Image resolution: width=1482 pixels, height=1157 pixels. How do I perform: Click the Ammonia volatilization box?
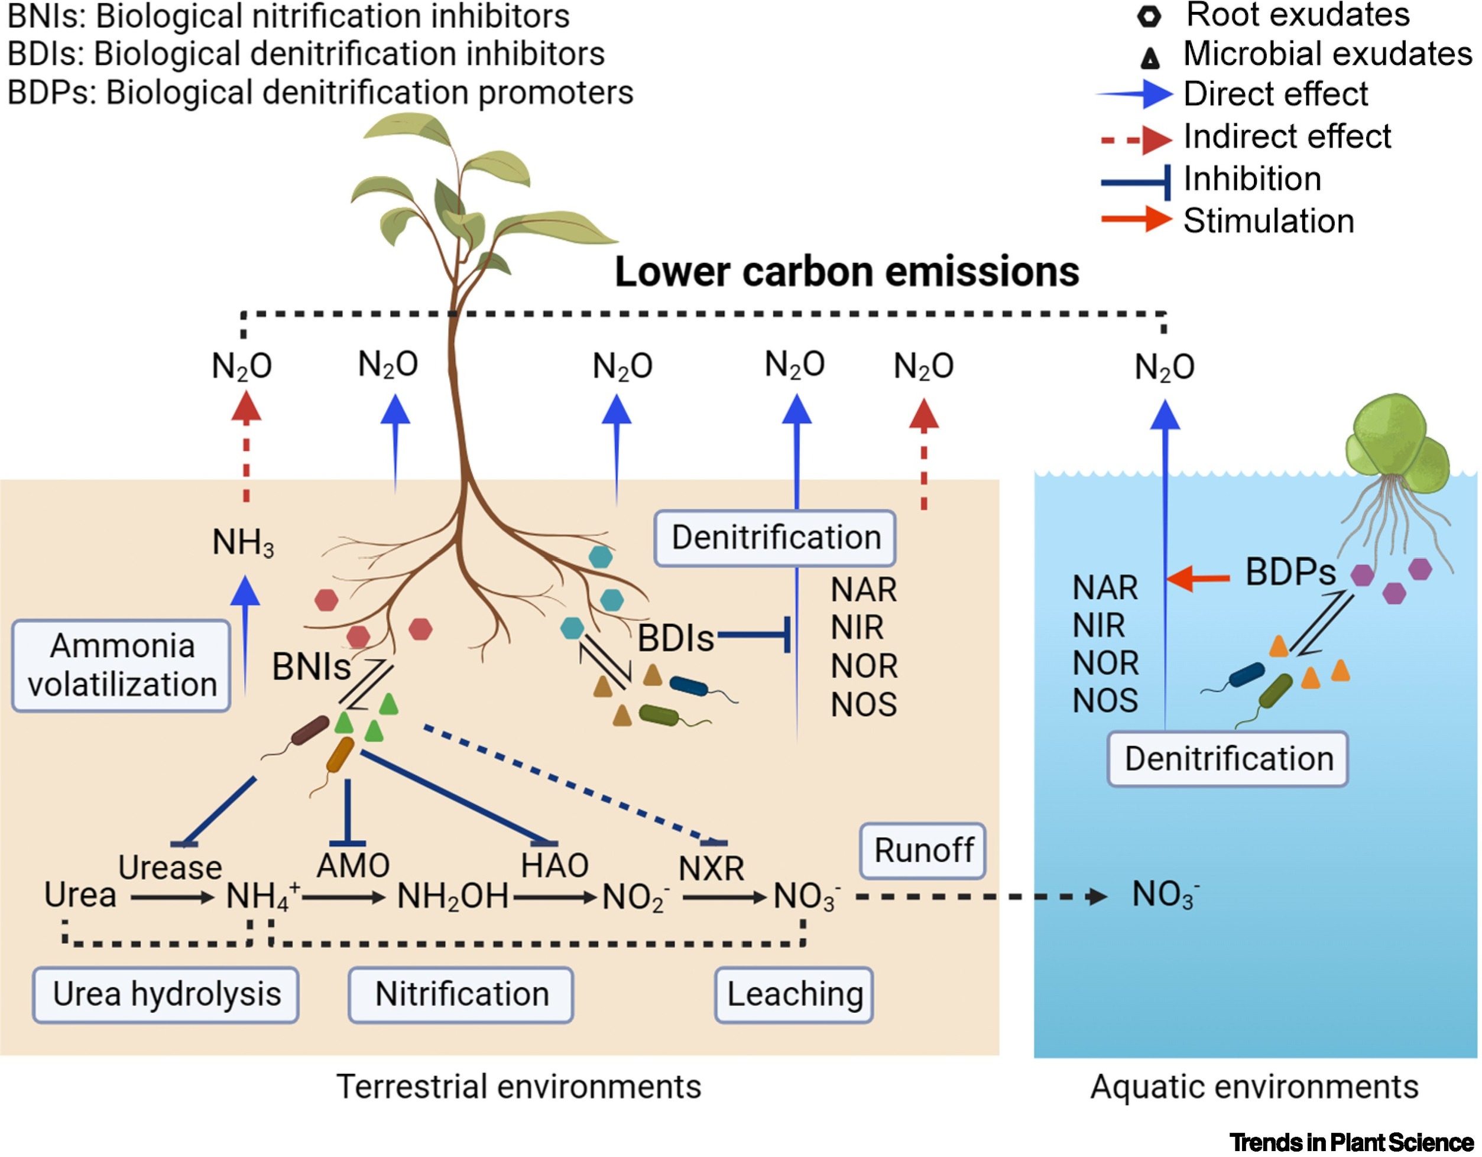click(x=121, y=665)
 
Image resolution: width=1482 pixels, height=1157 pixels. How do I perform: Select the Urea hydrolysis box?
click(x=166, y=994)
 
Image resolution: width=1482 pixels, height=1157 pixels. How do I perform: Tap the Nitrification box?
click(x=461, y=994)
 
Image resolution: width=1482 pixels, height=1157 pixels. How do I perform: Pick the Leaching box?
click(x=794, y=994)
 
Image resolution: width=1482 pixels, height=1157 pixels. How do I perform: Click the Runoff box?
click(x=923, y=850)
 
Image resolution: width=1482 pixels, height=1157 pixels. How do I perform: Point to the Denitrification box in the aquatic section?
click(x=1228, y=758)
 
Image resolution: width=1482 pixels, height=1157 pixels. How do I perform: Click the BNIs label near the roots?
click(x=311, y=667)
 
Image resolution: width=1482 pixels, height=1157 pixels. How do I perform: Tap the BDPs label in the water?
click(x=1290, y=573)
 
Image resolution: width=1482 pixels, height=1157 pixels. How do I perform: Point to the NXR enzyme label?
click(x=711, y=868)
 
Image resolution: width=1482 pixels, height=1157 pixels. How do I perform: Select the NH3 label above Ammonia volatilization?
click(x=243, y=542)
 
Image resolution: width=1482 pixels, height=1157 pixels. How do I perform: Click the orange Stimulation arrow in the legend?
click(x=1137, y=220)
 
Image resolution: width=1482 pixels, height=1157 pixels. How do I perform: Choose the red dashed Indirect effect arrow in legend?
click(x=1137, y=139)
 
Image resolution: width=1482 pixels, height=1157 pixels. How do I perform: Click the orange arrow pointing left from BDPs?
click(x=1198, y=578)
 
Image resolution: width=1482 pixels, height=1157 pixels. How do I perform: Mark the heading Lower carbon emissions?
click(x=846, y=272)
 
